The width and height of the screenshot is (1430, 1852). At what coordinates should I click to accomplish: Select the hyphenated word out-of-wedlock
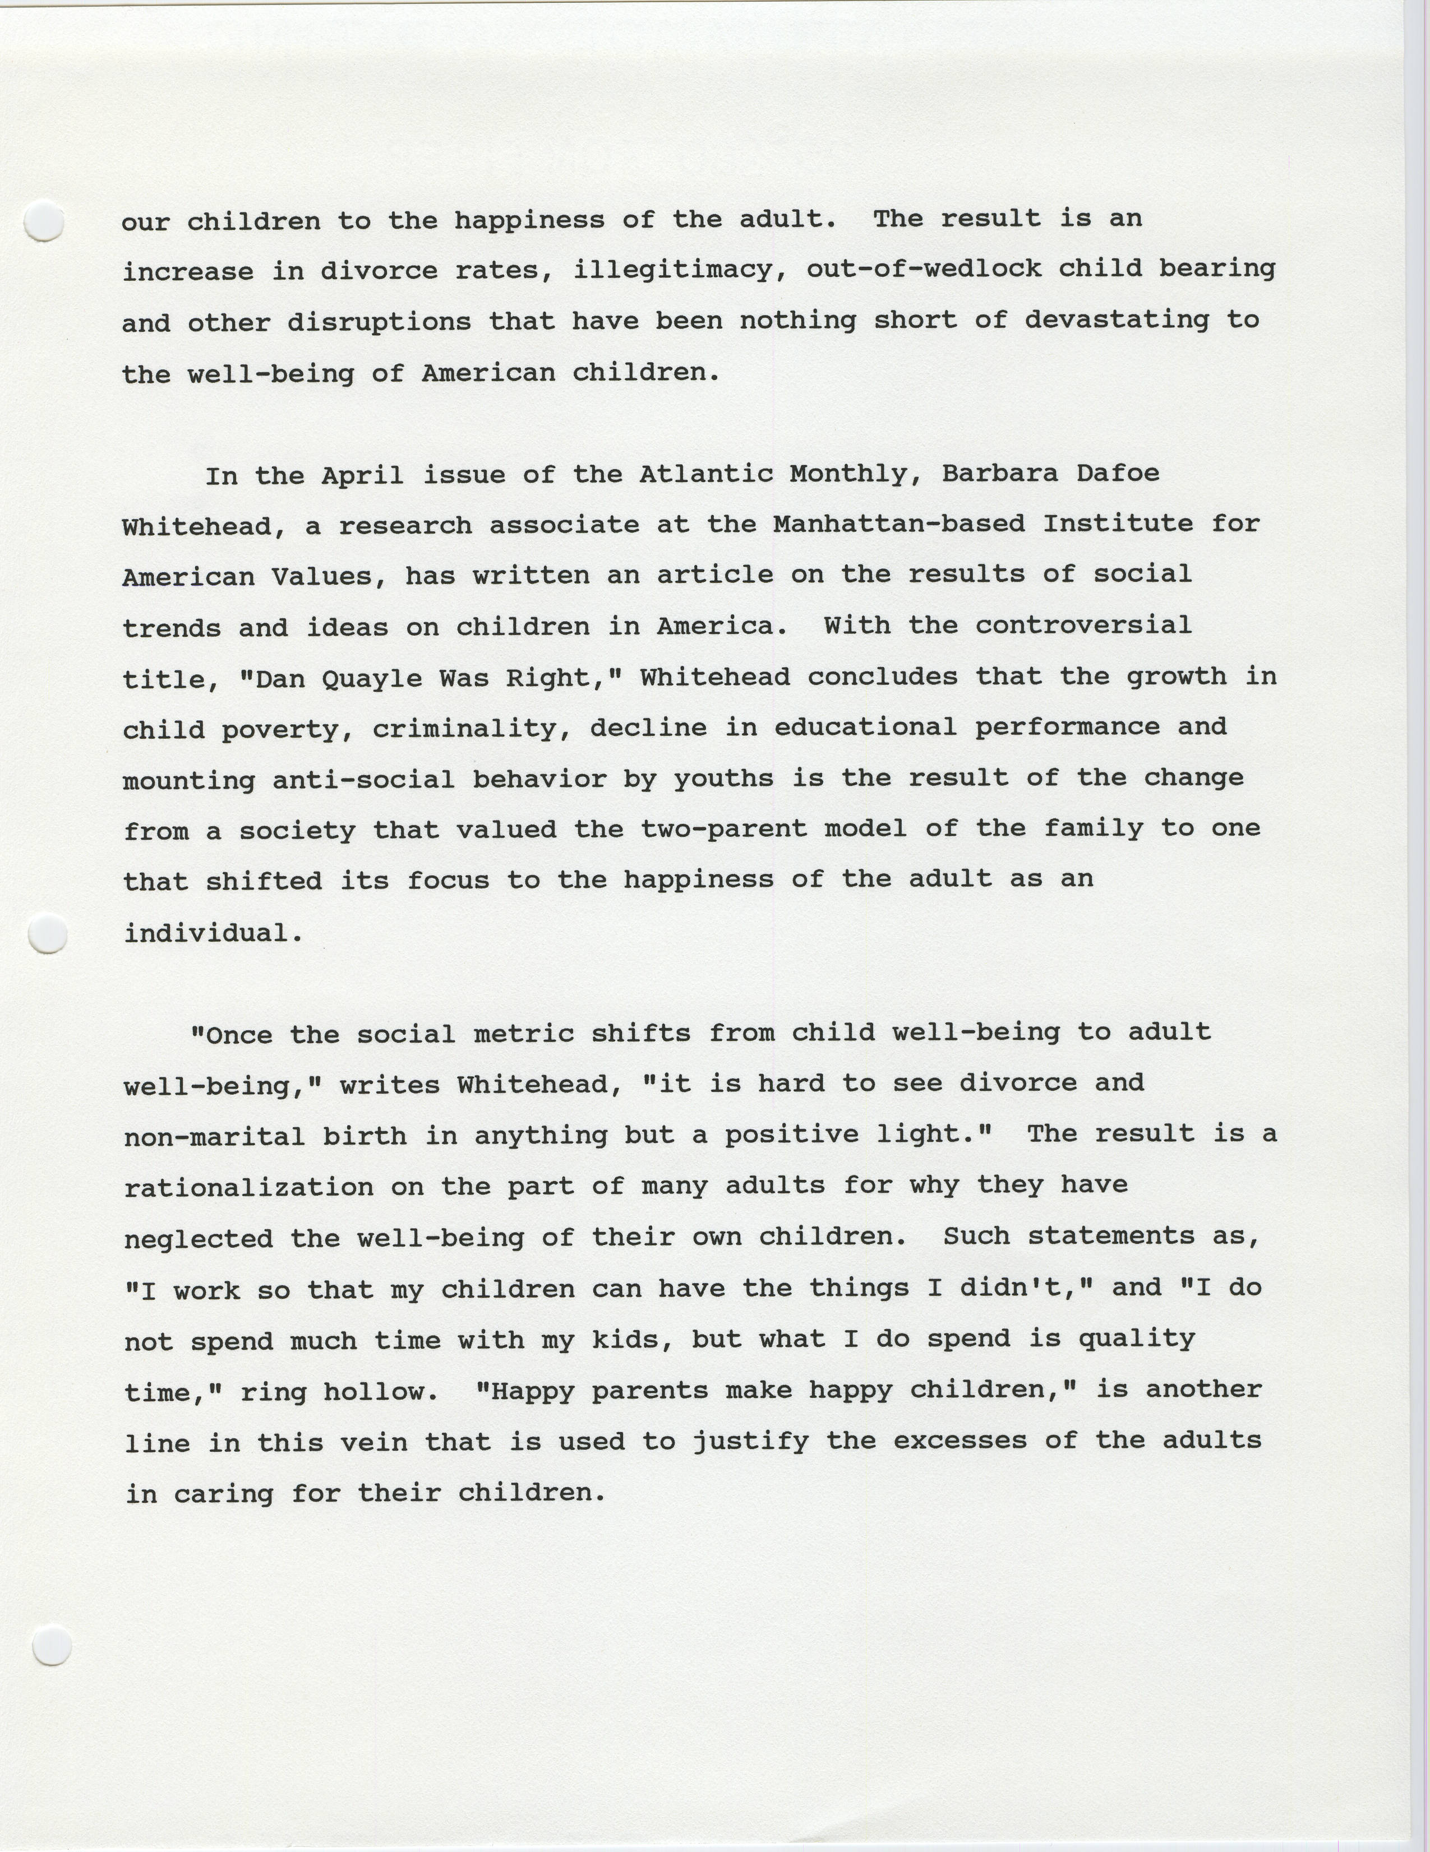coord(923,270)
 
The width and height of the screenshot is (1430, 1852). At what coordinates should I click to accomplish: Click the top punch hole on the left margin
coord(44,221)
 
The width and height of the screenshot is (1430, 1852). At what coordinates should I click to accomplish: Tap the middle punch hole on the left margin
coord(48,934)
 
